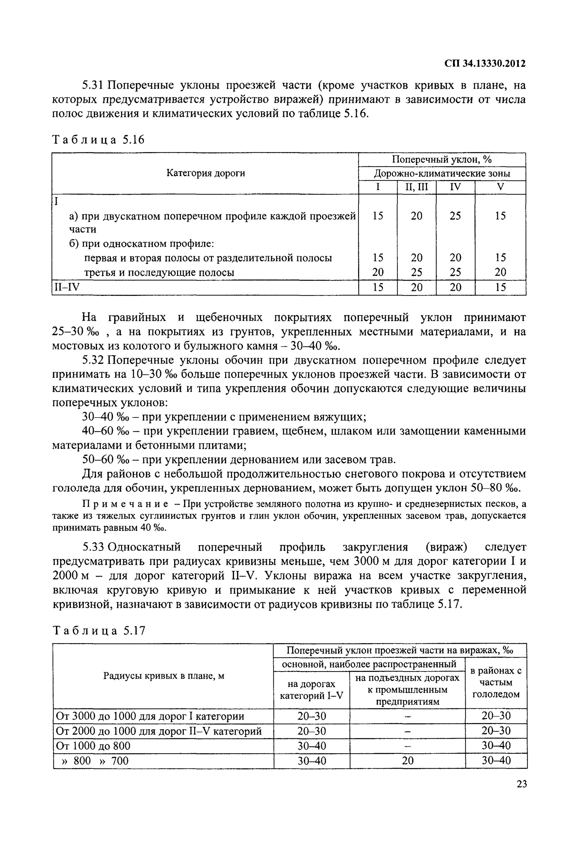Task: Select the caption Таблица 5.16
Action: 99,140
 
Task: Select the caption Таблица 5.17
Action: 99,630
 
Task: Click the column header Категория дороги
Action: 206,173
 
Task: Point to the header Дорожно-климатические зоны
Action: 442,173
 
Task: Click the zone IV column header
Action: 455,187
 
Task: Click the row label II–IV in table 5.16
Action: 67,287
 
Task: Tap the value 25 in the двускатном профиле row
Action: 455,216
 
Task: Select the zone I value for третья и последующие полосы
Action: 378,272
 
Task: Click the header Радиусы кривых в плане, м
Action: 163,676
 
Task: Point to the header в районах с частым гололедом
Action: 496,683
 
